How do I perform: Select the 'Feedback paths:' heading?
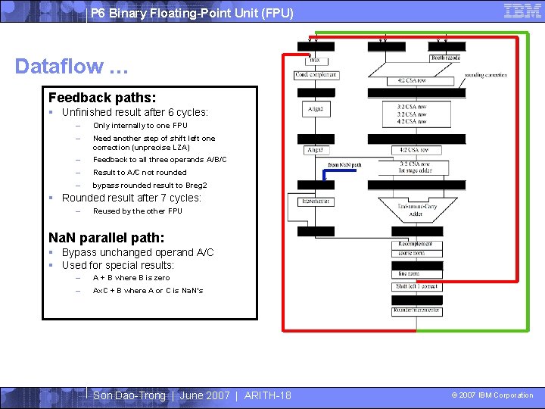tap(102, 98)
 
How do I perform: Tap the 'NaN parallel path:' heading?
tap(106, 237)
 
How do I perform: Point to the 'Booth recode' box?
tap(446, 58)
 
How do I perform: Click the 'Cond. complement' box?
tap(316, 75)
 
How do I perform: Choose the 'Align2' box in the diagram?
tap(316, 109)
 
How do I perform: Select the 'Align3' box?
tap(315, 150)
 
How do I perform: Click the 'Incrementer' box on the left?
tap(315, 201)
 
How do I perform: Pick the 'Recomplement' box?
tap(416, 244)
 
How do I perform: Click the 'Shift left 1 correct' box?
tap(416, 287)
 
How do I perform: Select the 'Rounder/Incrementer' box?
tap(416, 311)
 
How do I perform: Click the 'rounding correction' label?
tap(485, 75)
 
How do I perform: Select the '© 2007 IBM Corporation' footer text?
tap(492, 395)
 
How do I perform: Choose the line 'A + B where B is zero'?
tap(131, 278)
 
